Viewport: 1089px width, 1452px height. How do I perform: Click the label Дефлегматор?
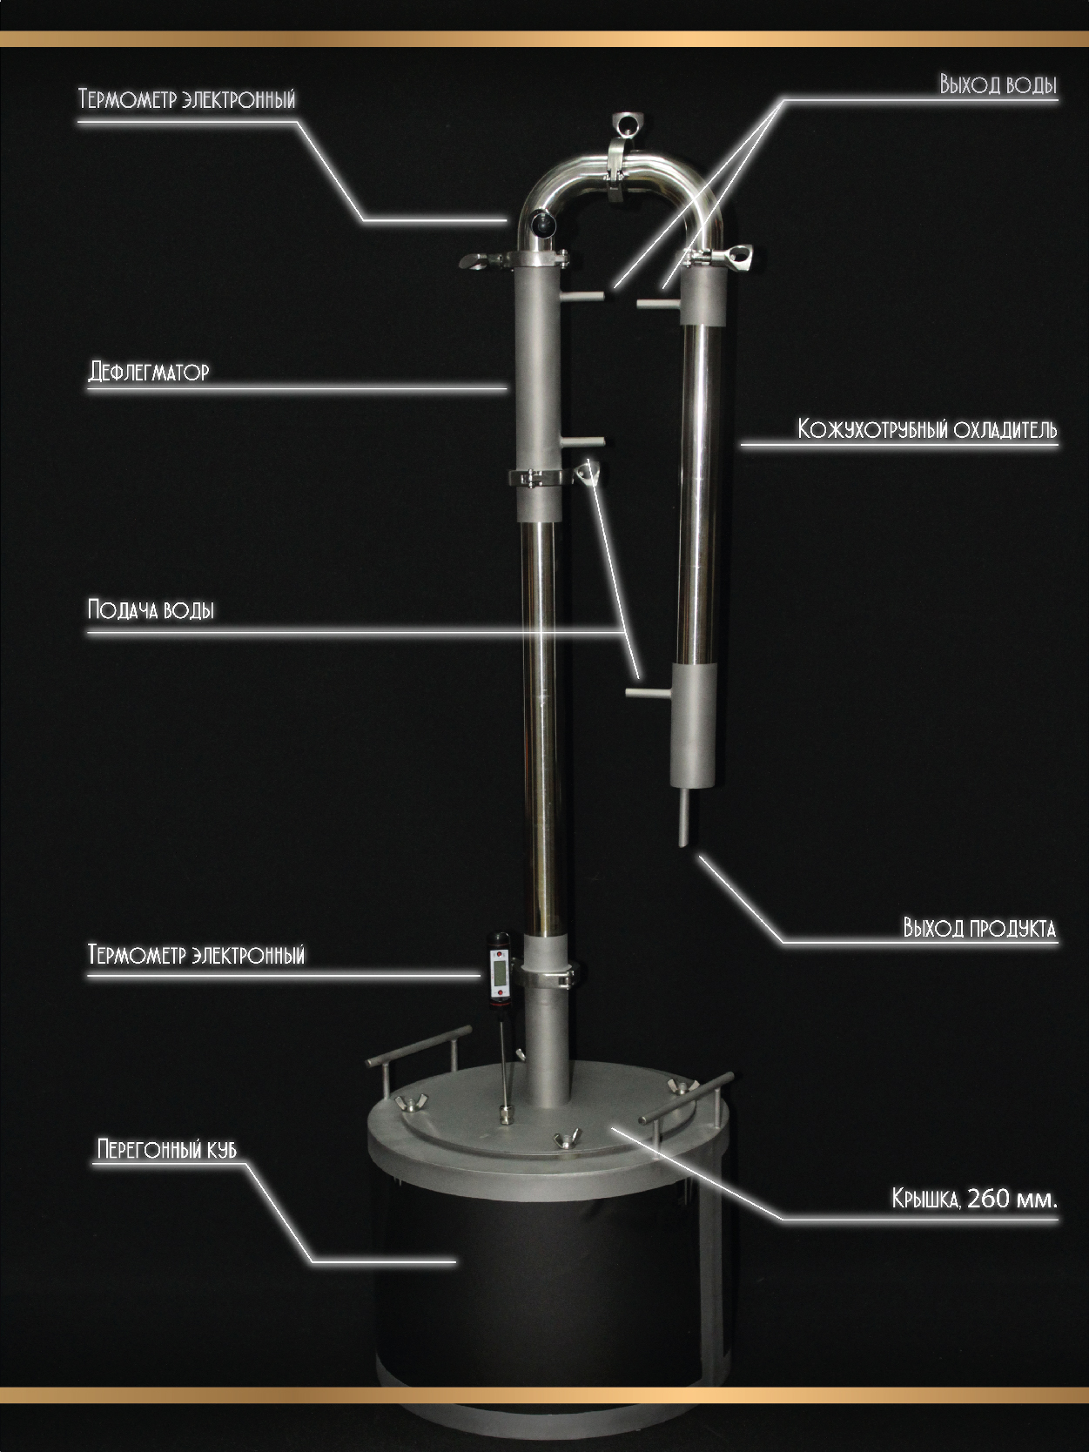tap(149, 372)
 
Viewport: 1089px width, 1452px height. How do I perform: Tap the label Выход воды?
tap(998, 85)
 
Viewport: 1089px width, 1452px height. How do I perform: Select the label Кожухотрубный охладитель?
tap(927, 430)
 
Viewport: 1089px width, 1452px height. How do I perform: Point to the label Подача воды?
tap(151, 609)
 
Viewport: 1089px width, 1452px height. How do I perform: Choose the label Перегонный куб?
tap(166, 1148)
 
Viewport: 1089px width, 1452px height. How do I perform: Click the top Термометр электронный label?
tap(187, 99)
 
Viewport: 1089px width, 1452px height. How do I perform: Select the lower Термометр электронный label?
tap(197, 955)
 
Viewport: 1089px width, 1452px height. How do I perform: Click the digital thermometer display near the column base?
tap(498, 971)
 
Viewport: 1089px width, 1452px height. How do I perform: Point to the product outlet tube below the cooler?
tap(684, 817)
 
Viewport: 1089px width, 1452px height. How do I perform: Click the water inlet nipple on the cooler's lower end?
tap(648, 693)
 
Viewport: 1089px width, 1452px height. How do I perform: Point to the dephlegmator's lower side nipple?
tap(581, 440)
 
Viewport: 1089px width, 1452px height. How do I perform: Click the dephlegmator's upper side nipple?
tap(581, 297)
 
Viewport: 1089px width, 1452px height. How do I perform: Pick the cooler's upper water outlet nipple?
tap(659, 304)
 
